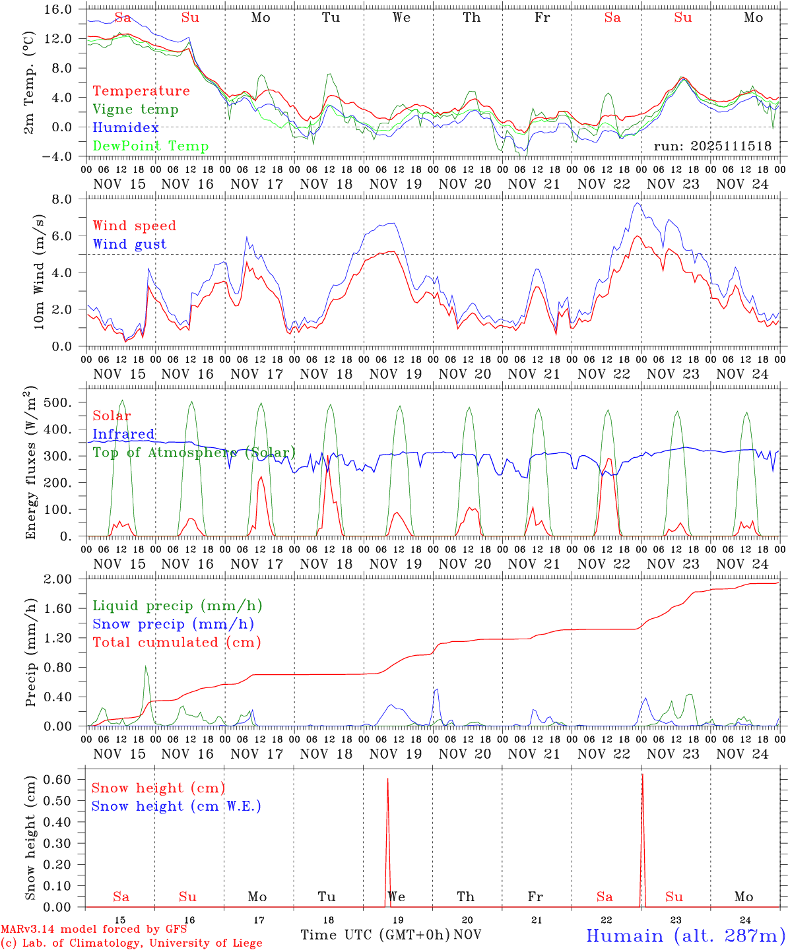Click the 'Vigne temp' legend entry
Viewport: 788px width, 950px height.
[135, 110]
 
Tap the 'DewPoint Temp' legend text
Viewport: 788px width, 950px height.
[150, 146]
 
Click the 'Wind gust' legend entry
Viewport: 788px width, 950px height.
[129, 244]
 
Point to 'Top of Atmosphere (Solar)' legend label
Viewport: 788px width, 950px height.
[194, 453]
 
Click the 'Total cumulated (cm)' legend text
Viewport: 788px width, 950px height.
[177, 642]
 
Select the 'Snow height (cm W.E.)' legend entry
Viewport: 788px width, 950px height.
[176, 806]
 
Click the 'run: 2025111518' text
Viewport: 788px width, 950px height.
[712, 146]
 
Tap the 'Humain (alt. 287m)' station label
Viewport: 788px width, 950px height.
[686, 935]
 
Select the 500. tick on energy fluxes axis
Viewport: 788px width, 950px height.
[63, 402]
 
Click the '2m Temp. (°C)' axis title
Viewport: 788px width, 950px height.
[29, 82]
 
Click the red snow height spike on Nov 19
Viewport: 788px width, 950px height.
[387, 785]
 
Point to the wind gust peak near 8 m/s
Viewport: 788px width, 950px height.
[636, 203]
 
